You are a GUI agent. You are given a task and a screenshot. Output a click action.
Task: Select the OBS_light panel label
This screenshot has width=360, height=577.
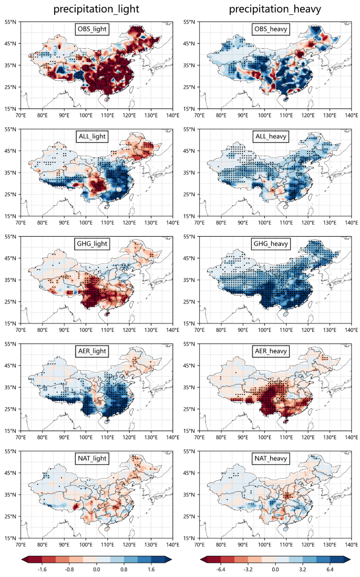pyautogui.click(x=92, y=29)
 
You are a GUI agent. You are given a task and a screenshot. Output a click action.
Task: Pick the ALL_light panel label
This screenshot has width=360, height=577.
pyautogui.click(x=92, y=137)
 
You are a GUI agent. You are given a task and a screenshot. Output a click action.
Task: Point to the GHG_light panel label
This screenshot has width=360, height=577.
pyautogui.click(x=92, y=244)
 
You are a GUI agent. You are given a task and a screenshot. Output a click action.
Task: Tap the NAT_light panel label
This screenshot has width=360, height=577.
pyautogui.click(x=92, y=459)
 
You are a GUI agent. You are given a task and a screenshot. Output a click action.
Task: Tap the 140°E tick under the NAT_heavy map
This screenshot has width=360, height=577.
pyautogui.click(x=351, y=543)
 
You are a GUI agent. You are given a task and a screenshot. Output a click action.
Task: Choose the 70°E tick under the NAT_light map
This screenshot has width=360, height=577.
pyautogui.click(x=20, y=543)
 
